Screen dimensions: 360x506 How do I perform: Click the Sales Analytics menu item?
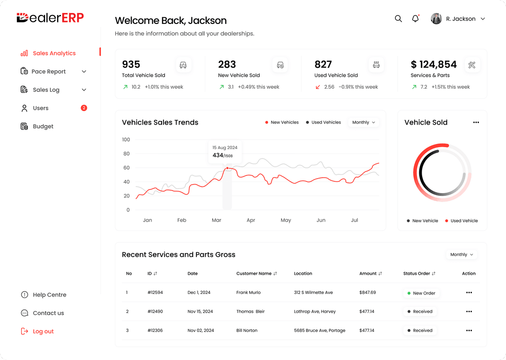coord(54,53)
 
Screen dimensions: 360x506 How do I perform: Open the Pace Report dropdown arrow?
coord(84,72)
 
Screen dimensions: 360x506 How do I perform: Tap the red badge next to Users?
coord(84,108)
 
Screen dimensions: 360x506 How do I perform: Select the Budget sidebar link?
coord(43,127)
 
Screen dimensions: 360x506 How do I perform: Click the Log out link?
coord(43,331)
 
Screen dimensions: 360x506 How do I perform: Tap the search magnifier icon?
coord(398,19)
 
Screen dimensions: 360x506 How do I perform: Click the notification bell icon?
coord(415,19)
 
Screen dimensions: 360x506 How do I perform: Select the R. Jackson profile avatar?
coord(436,19)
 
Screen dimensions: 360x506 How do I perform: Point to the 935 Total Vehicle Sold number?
coord(131,64)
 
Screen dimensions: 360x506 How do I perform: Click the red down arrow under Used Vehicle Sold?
coord(318,87)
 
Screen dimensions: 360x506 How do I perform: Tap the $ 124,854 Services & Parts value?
coord(433,64)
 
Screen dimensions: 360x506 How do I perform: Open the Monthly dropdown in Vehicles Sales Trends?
coord(364,122)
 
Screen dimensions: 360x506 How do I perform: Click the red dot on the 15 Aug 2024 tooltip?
coord(227,168)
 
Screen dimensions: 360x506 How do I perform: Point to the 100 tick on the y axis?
coord(126,140)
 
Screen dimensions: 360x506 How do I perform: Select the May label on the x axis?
coord(286,220)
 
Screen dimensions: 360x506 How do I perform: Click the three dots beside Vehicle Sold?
coord(476,122)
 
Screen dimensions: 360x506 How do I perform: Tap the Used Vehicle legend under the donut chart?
coord(461,221)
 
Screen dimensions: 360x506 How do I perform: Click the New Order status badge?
coord(421,293)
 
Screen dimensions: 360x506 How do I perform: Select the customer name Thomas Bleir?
coord(250,312)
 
